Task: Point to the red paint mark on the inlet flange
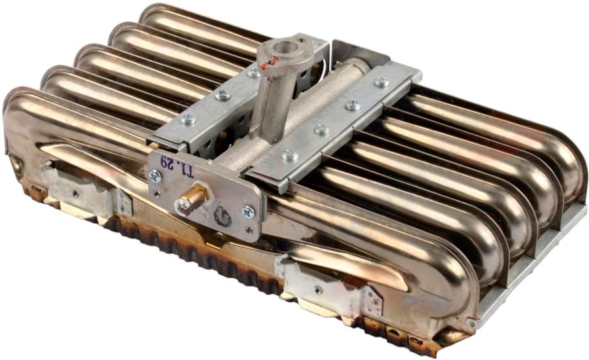point(270,62)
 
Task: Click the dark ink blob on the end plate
point(223,217)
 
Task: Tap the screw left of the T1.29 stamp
point(154,176)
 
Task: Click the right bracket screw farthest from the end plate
point(382,82)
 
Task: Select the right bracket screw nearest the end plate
point(290,155)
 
